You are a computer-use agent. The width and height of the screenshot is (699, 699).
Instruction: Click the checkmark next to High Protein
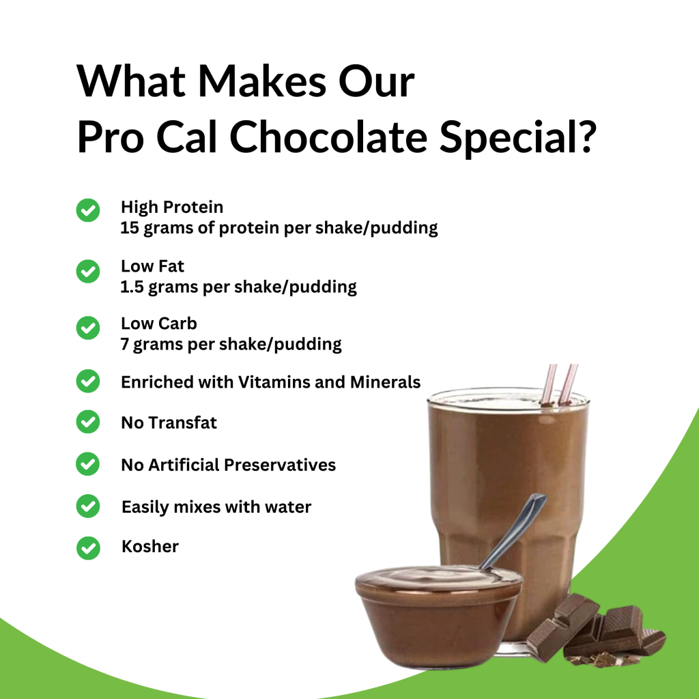(x=87, y=211)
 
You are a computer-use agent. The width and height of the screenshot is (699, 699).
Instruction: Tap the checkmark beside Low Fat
(x=87, y=271)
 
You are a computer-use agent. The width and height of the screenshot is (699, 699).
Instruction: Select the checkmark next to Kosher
(x=87, y=547)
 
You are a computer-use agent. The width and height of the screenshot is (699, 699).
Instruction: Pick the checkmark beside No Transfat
(x=87, y=423)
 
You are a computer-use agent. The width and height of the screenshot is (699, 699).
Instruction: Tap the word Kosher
(x=150, y=547)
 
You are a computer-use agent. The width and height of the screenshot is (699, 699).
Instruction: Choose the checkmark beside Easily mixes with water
(x=87, y=507)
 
